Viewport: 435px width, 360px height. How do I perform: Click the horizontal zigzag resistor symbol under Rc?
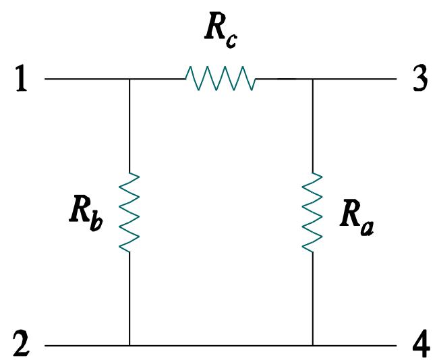pos(221,79)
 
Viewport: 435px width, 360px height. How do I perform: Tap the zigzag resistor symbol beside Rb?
pos(129,212)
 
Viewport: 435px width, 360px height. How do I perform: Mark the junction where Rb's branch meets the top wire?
pos(129,79)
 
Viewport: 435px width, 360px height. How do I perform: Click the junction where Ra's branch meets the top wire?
pos(312,79)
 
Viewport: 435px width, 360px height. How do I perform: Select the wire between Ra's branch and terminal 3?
pos(354,79)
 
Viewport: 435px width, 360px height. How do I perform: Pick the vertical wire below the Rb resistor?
pos(129,297)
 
